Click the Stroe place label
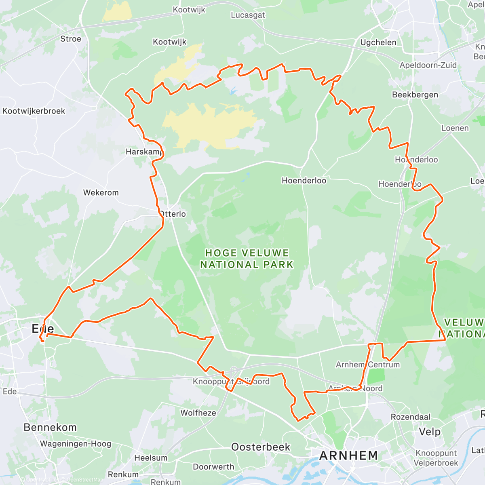[x=71, y=39]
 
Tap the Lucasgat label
[x=248, y=15]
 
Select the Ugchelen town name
[x=378, y=42]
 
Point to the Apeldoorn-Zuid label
[x=428, y=65]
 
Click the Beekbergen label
[x=415, y=95]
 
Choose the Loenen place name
[x=455, y=128]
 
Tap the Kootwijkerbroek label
[x=34, y=111]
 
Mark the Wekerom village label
[x=101, y=192]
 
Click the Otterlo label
[x=173, y=214]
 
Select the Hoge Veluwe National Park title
[x=247, y=259]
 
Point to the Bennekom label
[x=50, y=427]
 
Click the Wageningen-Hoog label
[x=76, y=443]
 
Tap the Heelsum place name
[x=151, y=458]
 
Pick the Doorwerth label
[x=213, y=467]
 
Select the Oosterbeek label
[x=261, y=447]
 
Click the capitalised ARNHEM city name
[x=348, y=455]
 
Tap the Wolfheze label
[x=198, y=413]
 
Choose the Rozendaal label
[x=411, y=417]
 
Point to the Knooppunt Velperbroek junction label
[x=436, y=458]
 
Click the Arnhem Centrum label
[x=368, y=365]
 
